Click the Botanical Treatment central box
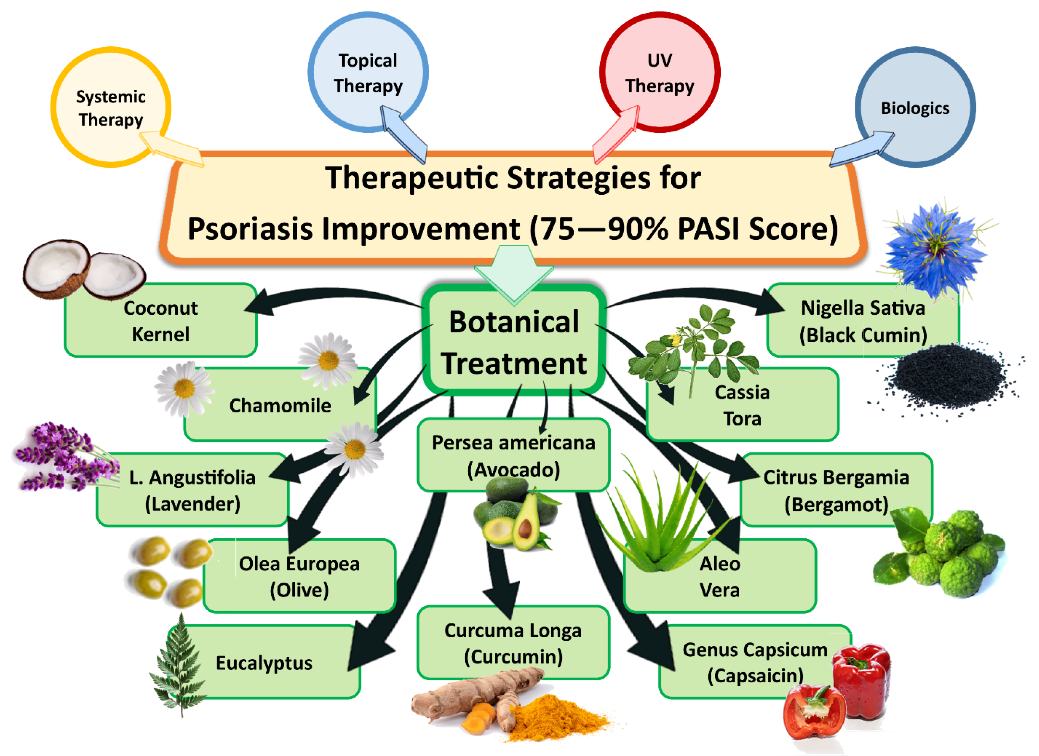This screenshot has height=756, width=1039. (514, 341)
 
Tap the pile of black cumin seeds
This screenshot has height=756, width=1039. (948, 378)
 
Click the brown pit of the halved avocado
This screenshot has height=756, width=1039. (525, 529)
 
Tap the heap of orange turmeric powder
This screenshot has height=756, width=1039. (556, 715)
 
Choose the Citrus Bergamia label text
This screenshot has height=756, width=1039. (836, 477)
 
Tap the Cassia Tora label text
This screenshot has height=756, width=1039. (742, 406)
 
